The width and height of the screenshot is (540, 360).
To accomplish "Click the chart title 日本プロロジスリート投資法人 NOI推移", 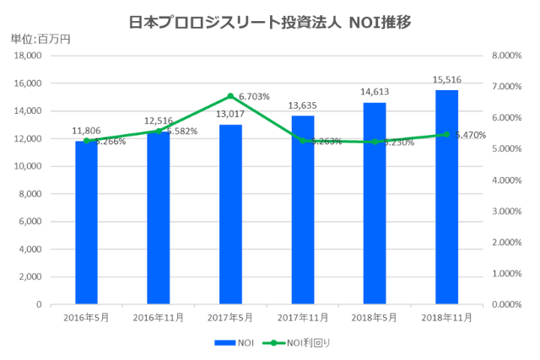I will pos(270,21).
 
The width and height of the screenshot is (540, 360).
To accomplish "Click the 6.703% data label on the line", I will pos(254,97).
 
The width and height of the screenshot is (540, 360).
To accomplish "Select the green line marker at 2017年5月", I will pos(230,96).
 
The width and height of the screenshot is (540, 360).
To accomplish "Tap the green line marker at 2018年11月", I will pos(446,134).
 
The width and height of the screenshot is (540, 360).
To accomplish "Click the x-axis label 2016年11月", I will pos(158,317).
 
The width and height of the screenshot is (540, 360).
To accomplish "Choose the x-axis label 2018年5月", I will pos(374,317).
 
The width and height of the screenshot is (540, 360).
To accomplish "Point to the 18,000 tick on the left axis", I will pos(28,56).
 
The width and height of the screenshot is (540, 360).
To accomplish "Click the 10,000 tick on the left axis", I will pos(28,166).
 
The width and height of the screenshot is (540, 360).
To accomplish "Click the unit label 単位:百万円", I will pos(40,39).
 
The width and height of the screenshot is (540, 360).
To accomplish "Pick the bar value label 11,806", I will pos(86,131).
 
